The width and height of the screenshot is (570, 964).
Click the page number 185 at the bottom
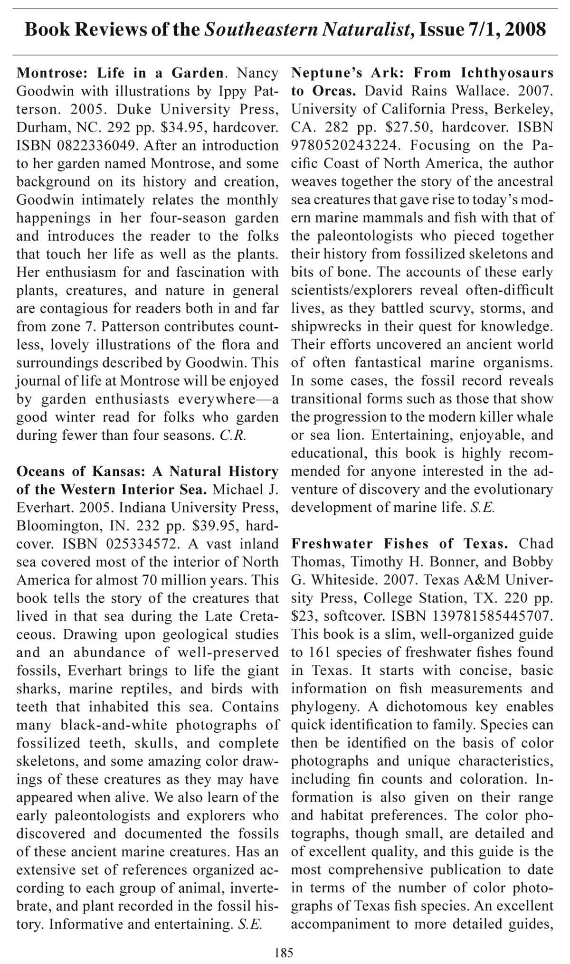284,952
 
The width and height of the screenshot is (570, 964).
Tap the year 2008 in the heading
525,29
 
